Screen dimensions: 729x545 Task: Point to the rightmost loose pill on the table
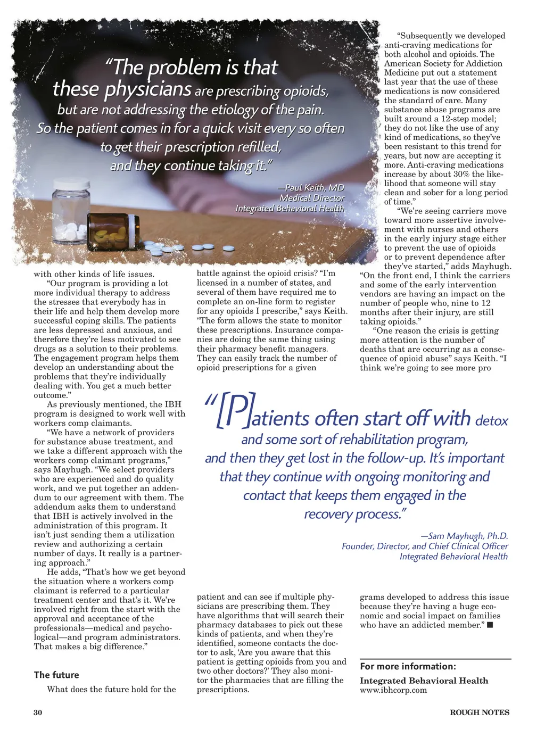point(228,247)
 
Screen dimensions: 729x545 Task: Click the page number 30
point(38,713)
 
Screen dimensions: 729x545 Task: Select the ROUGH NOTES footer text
point(479,713)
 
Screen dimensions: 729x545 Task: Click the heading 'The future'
point(56,675)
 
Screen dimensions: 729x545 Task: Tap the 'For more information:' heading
point(408,666)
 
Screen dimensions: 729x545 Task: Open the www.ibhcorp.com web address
point(393,690)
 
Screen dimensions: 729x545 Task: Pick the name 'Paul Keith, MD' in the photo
point(315,187)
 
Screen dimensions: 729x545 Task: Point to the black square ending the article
point(490,625)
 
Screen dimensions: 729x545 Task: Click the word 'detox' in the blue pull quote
point(491,421)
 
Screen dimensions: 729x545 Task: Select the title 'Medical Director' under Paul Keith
point(312,198)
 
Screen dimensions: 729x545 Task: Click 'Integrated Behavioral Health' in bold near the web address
point(424,681)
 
